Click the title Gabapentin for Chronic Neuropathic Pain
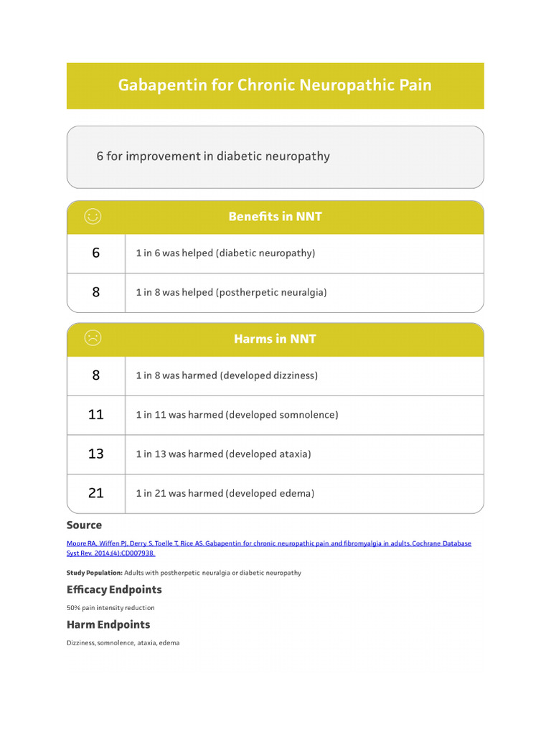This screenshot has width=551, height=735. coord(275,85)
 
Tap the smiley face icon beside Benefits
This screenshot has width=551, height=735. coord(93,216)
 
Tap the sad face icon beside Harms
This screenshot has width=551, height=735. coord(93,338)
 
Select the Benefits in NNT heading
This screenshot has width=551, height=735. coord(275,216)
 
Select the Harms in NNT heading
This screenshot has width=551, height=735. coord(275,339)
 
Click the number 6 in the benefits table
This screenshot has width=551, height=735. coord(96,253)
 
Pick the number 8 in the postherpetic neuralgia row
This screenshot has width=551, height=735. coord(96,292)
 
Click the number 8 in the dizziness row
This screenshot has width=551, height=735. coord(96,375)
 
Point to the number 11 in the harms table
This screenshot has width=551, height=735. coord(96,414)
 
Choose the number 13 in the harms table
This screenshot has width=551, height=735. coord(96,454)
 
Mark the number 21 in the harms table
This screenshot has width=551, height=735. coord(96,493)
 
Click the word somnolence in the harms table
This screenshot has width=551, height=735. coord(310,415)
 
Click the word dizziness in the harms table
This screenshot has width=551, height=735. coord(291,375)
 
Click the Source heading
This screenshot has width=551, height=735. coord(84,525)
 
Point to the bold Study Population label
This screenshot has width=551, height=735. coord(94,573)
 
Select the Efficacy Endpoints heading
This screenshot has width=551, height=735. coord(114,589)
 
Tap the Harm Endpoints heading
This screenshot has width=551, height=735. coord(108,624)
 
